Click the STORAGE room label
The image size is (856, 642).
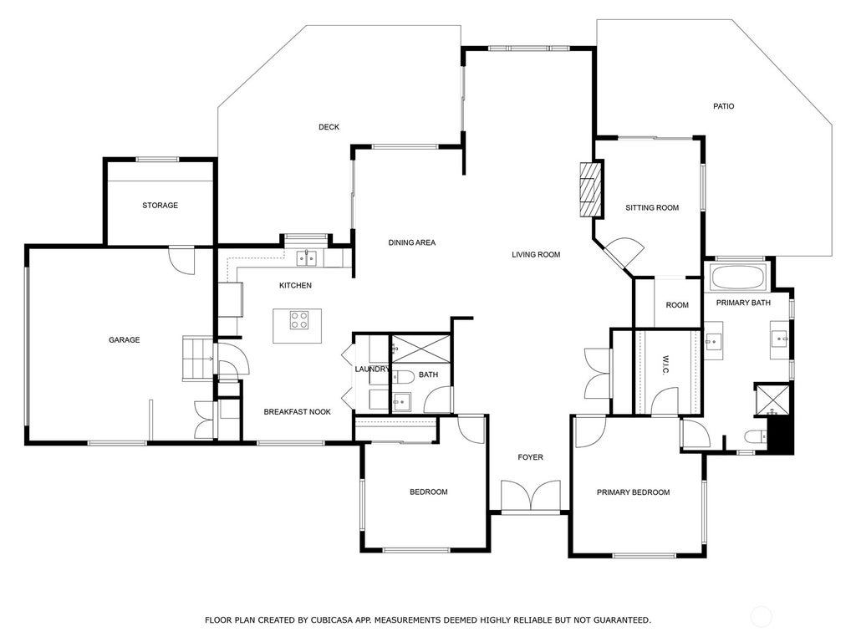click(160, 206)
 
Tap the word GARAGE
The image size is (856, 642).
click(124, 339)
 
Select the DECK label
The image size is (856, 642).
click(329, 127)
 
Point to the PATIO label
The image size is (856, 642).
click(723, 106)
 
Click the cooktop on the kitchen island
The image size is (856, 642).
click(298, 319)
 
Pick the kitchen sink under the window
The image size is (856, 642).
click(307, 257)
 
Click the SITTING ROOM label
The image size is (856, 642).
click(652, 207)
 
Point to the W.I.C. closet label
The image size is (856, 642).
click(665, 365)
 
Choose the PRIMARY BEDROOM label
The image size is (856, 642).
click(633, 492)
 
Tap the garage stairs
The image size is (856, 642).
click(197, 358)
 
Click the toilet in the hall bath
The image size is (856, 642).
click(403, 376)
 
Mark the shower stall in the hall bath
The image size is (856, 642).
click(421, 349)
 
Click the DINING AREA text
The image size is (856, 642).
click(411, 242)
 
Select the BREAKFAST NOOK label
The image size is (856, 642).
click(297, 411)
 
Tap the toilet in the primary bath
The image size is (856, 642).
click(756, 436)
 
